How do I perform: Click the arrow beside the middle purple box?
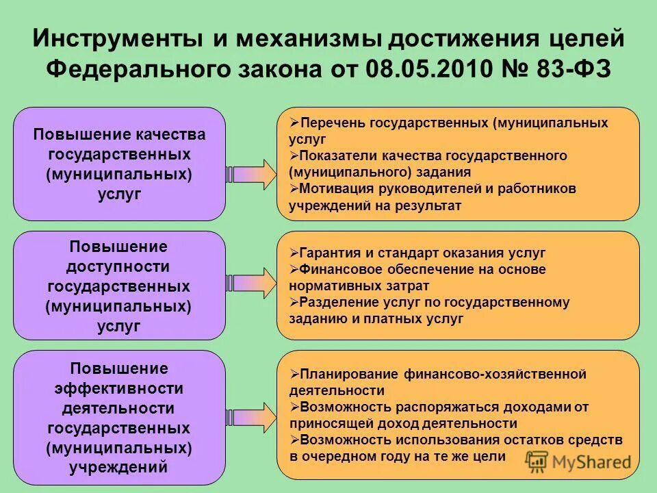point(250,282)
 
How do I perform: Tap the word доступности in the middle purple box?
point(119,266)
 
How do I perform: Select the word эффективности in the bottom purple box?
point(119,388)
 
